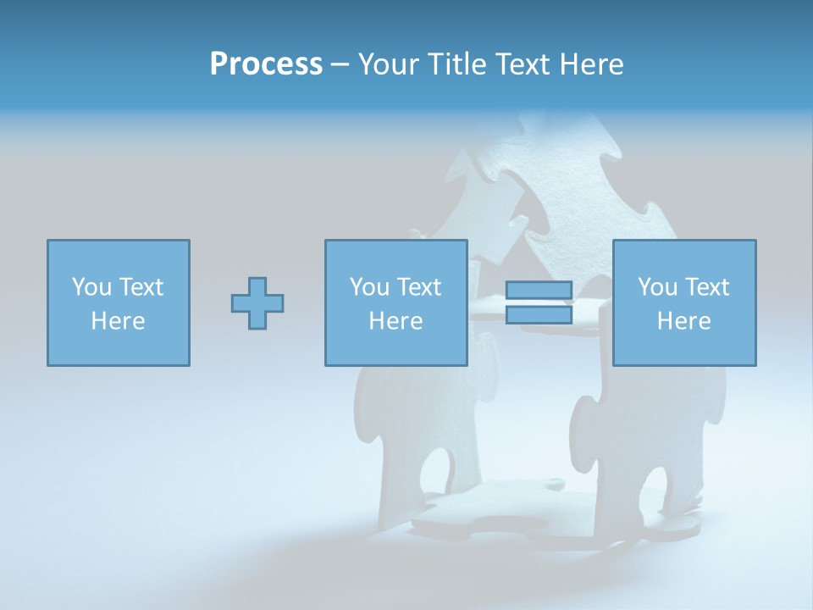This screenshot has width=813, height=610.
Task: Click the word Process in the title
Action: click(x=266, y=64)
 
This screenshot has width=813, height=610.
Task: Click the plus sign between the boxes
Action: click(x=257, y=302)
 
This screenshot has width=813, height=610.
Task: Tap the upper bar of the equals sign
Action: click(x=539, y=291)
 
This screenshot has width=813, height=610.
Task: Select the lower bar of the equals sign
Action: click(x=539, y=314)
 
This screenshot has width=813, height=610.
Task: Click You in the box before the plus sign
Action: click(x=91, y=287)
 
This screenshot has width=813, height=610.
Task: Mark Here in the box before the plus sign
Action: click(x=118, y=321)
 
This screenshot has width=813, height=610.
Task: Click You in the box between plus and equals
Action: click(x=369, y=287)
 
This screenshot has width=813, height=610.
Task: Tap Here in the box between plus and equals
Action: click(x=395, y=321)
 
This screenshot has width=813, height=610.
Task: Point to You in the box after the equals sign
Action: click(x=657, y=287)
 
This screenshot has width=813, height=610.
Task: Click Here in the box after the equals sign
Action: click(x=683, y=321)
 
